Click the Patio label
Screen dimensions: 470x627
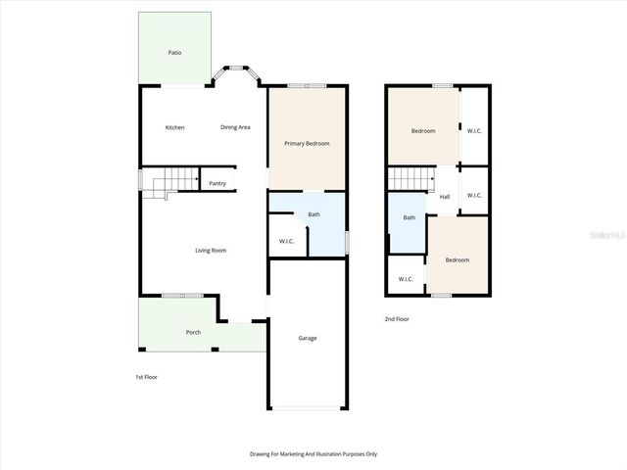click(x=174, y=53)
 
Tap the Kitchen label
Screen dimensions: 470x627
click(x=174, y=127)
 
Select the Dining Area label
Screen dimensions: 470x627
click(x=235, y=127)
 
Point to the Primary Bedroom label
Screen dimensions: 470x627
click(x=307, y=144)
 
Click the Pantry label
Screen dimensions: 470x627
click(x=217, y=183)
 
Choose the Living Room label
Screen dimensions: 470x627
click(x=211, y=251)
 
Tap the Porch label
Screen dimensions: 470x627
click(x=193, y=333)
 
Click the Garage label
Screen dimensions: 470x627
click(x=308, y=339)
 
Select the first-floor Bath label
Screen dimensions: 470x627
click(x=313, y=214)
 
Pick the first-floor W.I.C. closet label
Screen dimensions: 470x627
click(x=287, y=241)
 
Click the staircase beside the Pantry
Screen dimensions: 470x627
click(x=164, y=182)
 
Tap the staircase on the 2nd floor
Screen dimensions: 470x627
click(x=410, y=179)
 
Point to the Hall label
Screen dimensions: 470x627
click(x=445, y=197)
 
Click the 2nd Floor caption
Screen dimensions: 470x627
click(x=398, y=320)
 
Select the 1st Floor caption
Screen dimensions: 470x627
click(x=146, y=377)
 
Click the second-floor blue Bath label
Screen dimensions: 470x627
click(x=409, y=217)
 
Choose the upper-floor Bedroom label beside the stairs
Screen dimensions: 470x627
click(x=422, y=131)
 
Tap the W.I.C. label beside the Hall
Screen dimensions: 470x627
click(x=474, y=195)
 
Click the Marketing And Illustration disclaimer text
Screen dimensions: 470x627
click(x=313, y=454)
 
